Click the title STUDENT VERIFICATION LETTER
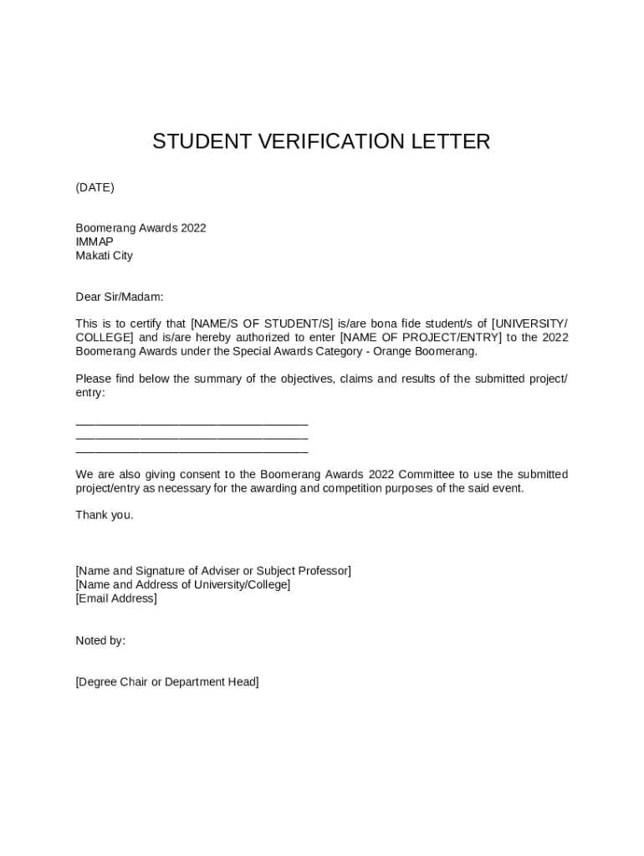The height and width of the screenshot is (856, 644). click(321, 142)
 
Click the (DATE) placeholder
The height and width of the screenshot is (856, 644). click(95, 187)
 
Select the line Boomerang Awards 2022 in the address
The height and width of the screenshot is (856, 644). click(141, 228)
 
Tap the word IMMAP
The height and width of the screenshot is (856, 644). click(95, 242)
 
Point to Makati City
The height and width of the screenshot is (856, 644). click(104, 256)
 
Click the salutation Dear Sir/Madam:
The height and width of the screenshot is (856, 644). click(120, 297)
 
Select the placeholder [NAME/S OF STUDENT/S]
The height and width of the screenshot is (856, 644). click(262, 324)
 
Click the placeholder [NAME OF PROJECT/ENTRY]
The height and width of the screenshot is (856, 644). click(421, 338)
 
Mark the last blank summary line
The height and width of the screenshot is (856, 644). click(192, 451)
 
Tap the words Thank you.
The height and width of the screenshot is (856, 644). click(104, 515)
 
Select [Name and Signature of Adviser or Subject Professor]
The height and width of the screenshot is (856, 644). click(213, 571)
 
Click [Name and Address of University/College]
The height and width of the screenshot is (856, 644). click(183, 584)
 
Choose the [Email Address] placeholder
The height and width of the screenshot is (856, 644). click(116, 599)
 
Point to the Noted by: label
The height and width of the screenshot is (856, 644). click(100, 640)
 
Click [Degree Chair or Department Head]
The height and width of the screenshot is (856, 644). click(167, 682)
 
